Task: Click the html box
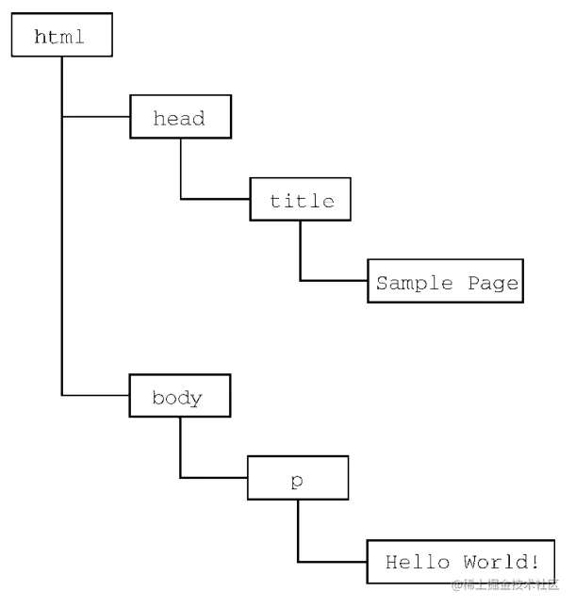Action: point(61,36)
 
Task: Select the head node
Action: point(179,118)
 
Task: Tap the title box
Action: point(301,200)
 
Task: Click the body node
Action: point(179,397)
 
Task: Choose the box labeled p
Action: point(298,478)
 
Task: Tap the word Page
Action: point(492,282)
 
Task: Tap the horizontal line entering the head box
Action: point(95,117)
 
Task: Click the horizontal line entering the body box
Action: point(95,395)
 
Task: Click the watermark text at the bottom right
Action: point(505,585)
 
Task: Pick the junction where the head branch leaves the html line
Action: point(62,117)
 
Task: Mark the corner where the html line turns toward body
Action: point(62,395)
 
